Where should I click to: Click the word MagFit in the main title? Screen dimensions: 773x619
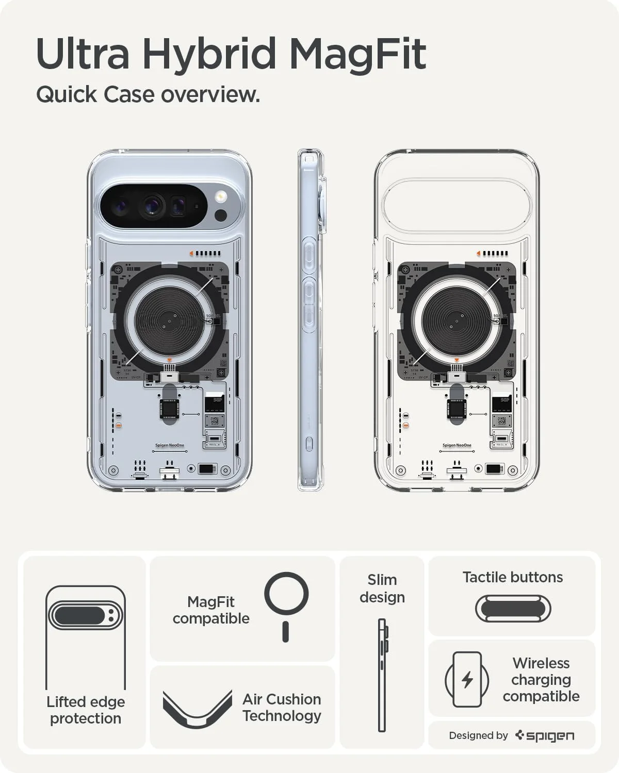point(357,54)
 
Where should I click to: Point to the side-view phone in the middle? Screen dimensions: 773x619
point(311,320)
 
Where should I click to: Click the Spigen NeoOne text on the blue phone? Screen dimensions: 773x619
point(169,445)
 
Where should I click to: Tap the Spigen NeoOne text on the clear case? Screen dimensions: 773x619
point(457,445)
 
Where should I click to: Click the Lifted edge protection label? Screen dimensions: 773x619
point(86,710)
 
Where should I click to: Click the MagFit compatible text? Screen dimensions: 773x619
point(211,610)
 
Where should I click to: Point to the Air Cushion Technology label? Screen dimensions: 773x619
point(282,707)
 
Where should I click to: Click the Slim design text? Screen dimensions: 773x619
point(382,588)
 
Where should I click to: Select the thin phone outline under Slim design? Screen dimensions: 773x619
point(382,675)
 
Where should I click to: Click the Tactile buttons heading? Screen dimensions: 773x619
point(512,577)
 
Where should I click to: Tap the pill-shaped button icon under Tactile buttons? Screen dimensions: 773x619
point(513,609)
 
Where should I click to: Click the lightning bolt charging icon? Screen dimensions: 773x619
point(467,679)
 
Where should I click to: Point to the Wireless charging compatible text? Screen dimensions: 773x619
point(541,679)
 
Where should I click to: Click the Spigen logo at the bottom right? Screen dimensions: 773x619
point(545,735)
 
